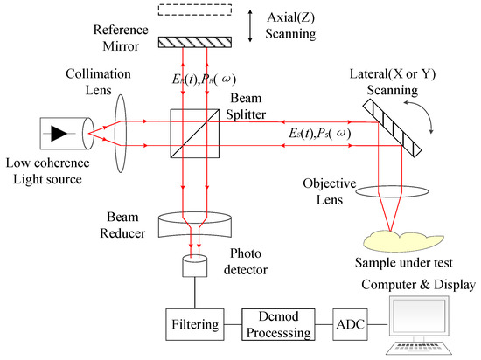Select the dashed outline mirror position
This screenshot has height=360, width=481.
pyautogui.click(x=195, y=10)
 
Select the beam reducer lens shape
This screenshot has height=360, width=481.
pyautogui.click(x=194, y=225)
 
